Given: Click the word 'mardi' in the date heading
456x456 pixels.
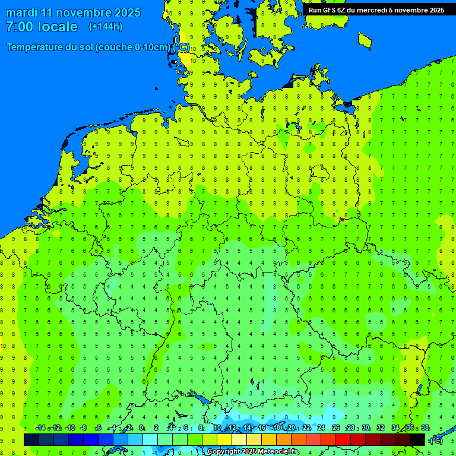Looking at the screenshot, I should tap(21, 12).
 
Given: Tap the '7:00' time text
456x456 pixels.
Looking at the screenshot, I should tap(19, 27).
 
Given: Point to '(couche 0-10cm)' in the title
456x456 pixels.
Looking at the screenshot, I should tap(135, 47).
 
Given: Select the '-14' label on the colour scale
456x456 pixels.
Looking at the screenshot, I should tap(40, 428).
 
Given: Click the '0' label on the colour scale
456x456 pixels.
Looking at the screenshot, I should tap(141, 428).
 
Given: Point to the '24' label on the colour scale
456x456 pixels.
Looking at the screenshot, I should tap(321, 428).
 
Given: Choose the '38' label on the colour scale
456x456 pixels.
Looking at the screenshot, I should tap(425, 428).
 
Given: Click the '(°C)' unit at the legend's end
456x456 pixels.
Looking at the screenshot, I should tap(436, 440).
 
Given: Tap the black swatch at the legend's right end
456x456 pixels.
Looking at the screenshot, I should tap(417, 439).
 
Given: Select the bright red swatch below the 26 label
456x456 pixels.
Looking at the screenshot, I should tap(343, 439).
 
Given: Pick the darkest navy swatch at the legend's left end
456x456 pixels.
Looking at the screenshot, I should tap(31, 439).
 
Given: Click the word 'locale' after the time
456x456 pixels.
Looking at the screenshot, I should tap(58, 27).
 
